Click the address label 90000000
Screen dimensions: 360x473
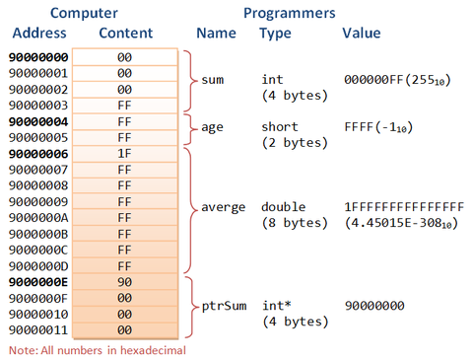coord(38,57)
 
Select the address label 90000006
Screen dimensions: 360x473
coord(38,154)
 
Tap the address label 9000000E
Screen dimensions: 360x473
coord(38,281)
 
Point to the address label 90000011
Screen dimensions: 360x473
coord(38,329)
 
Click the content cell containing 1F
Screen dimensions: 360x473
coord(124,154)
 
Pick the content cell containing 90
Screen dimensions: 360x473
coord(124,281)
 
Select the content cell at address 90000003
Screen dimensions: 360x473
coord(124,106)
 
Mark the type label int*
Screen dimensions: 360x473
coord(275,306)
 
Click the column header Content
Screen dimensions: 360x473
coord(125,34)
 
